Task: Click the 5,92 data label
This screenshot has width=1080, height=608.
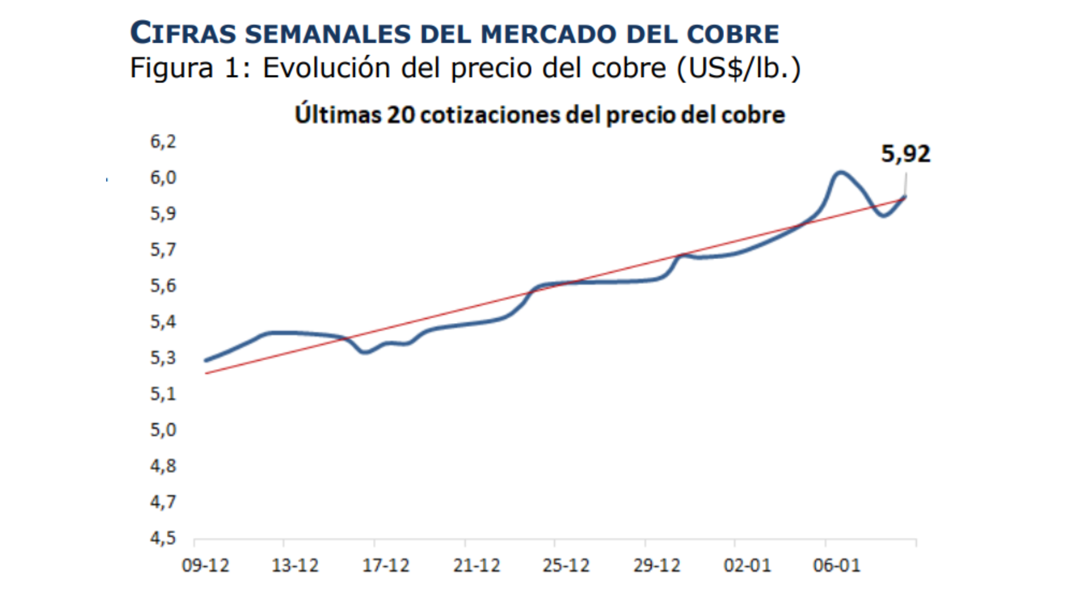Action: [x=905, y=154]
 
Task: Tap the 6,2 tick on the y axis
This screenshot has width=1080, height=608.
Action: [x=163, y=142]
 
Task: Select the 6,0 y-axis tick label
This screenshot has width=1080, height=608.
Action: [x=163, y=178]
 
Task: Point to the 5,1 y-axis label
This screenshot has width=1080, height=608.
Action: [x=163, y=394]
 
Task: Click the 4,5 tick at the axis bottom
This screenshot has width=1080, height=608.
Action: [x=163, y=538]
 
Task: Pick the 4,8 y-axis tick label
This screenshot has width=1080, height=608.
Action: [x=163, y=466]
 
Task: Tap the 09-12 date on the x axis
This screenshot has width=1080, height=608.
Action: [x=205, y=565]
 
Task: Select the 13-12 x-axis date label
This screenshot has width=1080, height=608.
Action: [x=295, y=565]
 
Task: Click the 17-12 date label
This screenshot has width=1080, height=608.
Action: [x=386, y=565]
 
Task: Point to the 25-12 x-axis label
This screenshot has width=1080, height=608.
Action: [x=566, y=565]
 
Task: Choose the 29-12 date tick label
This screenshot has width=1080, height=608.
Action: [x=656, y=565]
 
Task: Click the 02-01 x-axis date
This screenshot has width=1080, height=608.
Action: [x=747, y=565]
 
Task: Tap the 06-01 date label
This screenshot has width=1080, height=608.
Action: [x=837, y=565]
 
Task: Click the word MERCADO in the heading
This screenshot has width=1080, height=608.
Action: [x=548, y=34]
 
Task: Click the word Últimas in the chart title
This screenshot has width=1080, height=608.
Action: [x=337, y=115]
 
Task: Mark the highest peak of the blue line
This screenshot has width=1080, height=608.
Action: [x=840, y=172]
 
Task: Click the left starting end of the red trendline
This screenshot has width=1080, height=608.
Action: [x=206, y=373]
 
